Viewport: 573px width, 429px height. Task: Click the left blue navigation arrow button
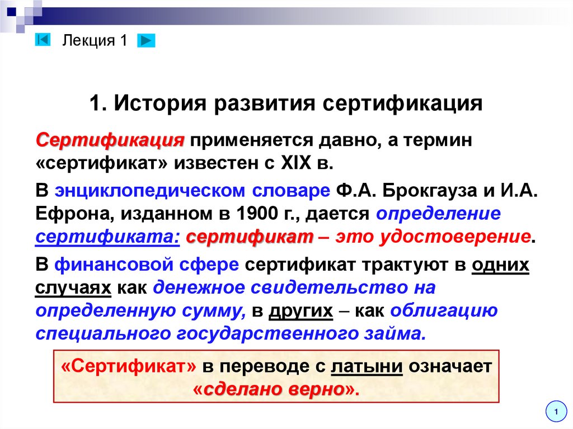point(43,40)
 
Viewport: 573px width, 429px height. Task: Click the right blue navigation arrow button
point(145,40)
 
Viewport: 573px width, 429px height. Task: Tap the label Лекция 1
point(95,40)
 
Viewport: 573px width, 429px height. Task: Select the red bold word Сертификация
point(110,140)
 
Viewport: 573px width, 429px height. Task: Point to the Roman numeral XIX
point(293,164)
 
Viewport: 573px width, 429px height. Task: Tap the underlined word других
point(301,311)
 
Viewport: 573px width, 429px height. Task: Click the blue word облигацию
point(444,311)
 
